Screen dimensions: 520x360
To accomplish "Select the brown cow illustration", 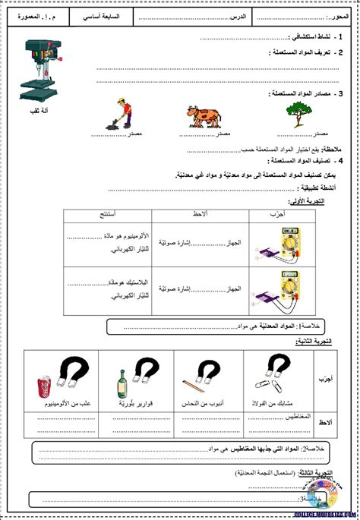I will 204,115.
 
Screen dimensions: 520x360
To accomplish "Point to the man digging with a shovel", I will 119,114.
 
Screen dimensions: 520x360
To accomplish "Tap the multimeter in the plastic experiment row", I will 276,288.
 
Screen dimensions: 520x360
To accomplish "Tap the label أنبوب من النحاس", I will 205,404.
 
